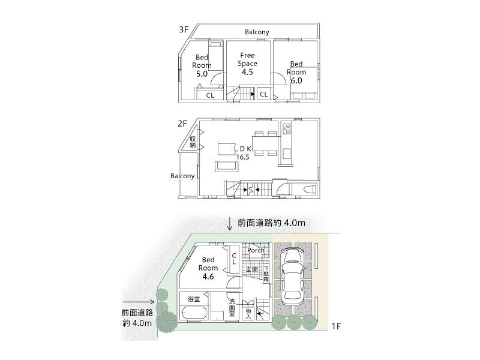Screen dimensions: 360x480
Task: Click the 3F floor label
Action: [183, 29]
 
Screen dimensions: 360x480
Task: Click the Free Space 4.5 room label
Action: [248, 63]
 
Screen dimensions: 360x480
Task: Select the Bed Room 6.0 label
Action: [296, 72]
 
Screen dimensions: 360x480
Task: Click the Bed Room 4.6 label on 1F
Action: [208, 268]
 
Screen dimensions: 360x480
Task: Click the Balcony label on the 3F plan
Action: [257, 32]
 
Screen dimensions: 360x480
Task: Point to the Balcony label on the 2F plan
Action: [182, 176]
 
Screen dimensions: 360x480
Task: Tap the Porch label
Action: [256, 250]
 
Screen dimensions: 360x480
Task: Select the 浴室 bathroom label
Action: [193, 298]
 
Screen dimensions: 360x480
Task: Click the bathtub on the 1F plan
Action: [193, 314]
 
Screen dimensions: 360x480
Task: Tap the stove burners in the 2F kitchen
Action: [286, 128]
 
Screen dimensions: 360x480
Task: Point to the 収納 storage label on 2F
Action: [193, 142]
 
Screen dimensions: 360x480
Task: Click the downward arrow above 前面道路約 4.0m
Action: [230, 223]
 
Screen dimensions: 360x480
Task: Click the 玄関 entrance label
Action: [251, 269]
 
